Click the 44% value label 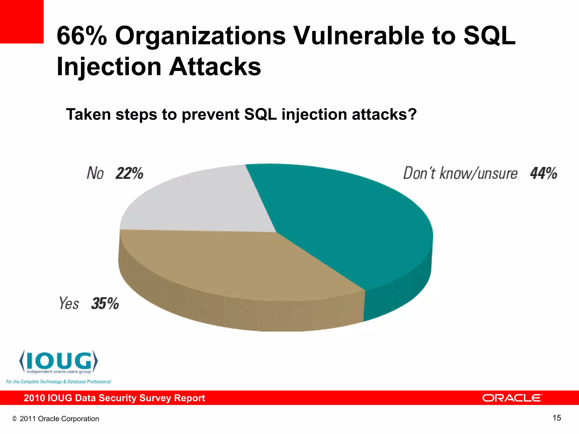click(x=543, y=173)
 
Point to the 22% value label click(x=129, y=173)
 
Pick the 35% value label click(x=105, y=303)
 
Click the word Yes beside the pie click(x=69, y=303)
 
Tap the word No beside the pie click(x=95, y=173)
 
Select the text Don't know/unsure click(x=460, y=173)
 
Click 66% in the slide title click(x=82, y=36)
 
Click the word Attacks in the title click(x=215, y=67)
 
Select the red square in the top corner click(x=21, y=21)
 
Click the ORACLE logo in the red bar click(x=512, y=398)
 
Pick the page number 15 click(x=557, y=418)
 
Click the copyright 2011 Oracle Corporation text click(x=56, y=419)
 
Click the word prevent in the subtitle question click(x=211, y=115)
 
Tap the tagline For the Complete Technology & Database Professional click(x=59, y=382)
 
